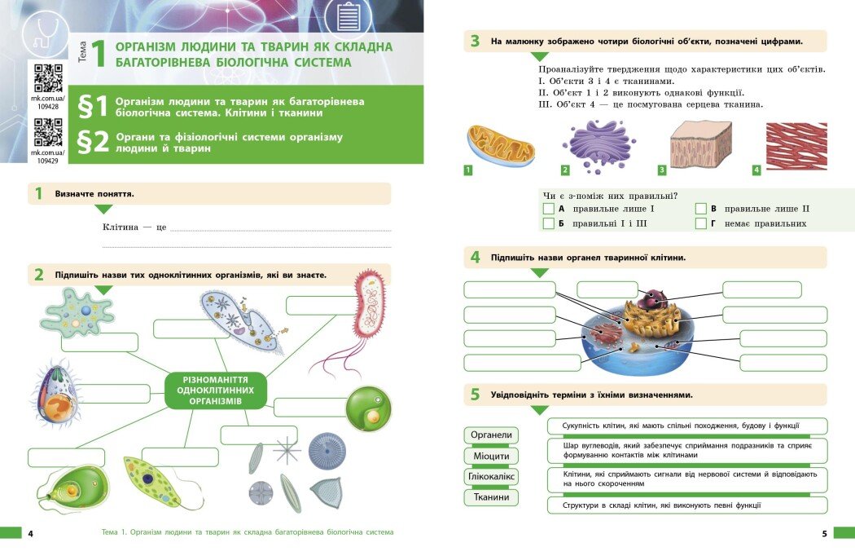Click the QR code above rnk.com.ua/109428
(48, 78)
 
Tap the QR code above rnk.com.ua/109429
(48, 132)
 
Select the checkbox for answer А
(548, 209)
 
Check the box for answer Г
(700, 223)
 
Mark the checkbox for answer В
(700, 209)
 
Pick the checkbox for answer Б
(548, 223)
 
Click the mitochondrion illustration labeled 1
(500, 145)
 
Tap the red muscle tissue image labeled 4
(796, 146)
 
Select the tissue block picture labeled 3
(700, 144)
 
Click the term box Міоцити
(491, 456)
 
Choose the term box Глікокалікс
(491, 476)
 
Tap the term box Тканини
(491, 496)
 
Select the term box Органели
(491, 435)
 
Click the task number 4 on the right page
(475, 258)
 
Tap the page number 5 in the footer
(824, 533)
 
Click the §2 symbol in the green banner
(92, 141)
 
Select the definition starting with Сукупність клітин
(686, 426)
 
